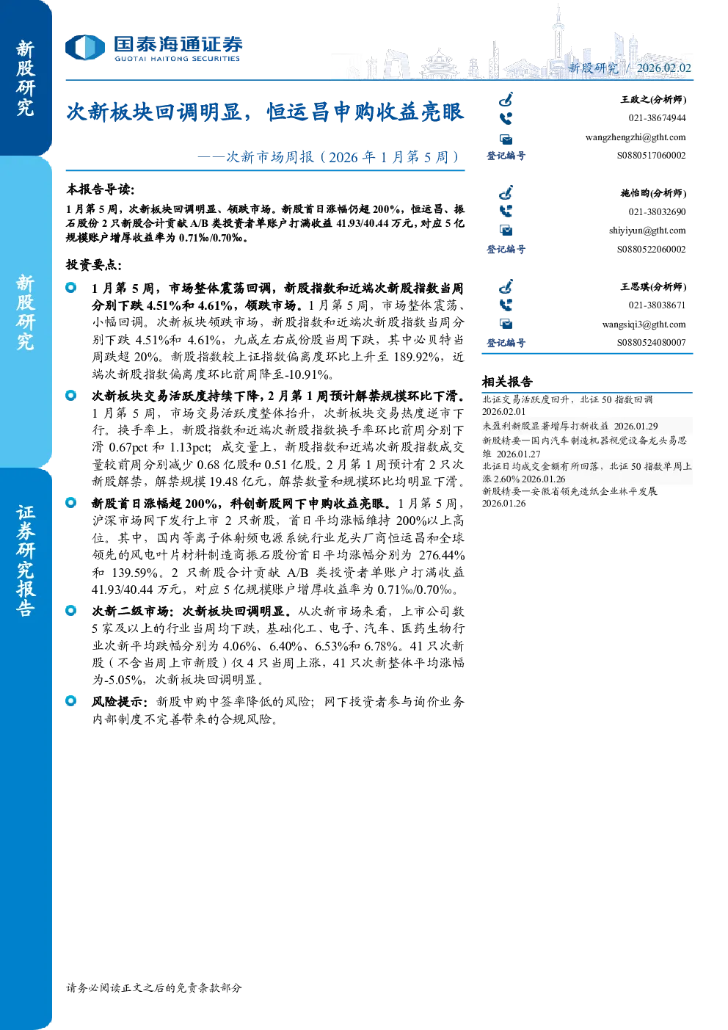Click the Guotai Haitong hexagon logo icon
click(85, 48)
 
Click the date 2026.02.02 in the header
click(663, 68)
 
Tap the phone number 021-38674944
click(657, 118)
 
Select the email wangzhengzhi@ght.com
click(635, 137)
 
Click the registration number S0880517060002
click(651, 156)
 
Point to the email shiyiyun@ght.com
click(647, 231)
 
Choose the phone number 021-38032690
click(657, 212)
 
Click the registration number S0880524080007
click(651, 343)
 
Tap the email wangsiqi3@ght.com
click(644, 324)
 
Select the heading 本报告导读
click(101, 189)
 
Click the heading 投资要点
click(94, 264)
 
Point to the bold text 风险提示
click(120, 701)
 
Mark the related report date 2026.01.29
click(636, 427)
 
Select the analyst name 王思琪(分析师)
click(653, 286)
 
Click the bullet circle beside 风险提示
click(70, 700)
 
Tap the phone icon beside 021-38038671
click(506, 305)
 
